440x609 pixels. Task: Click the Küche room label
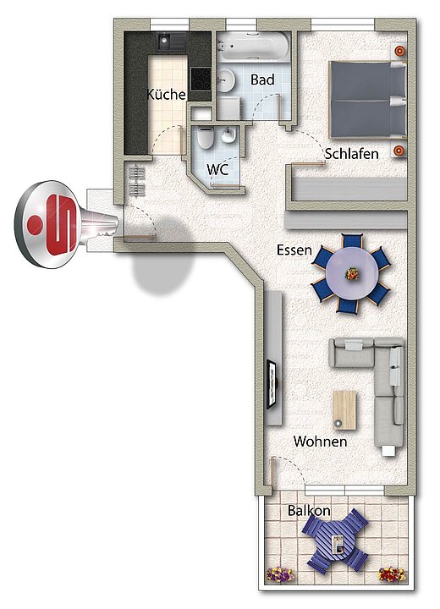tap(167, 95)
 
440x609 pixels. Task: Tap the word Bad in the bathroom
tap(262, 80)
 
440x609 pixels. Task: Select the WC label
tap(217, 170)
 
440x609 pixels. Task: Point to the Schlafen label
tap(351, 154)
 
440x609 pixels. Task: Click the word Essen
tap(294, 250)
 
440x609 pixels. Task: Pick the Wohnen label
tap(321, 442)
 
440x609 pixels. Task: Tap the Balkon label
tap(309, 510)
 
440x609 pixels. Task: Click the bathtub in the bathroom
tap(253, 47)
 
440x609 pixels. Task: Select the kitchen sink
tap(172, 41)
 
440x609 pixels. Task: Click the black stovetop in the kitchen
tap(201, 79)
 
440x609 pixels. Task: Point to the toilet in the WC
tap(206, 138)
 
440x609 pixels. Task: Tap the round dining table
tap(352, 274)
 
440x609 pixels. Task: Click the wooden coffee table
tap(344, 409)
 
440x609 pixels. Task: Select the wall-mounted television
tap(272, 384)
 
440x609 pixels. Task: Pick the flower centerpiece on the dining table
tap(352, 274)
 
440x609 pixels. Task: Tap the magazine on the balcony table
tap(338, 544)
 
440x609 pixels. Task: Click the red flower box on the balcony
tap(392, 574)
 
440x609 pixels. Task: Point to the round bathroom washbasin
tap(225, 80)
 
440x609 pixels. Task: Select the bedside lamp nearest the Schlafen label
tap(399, 151)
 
